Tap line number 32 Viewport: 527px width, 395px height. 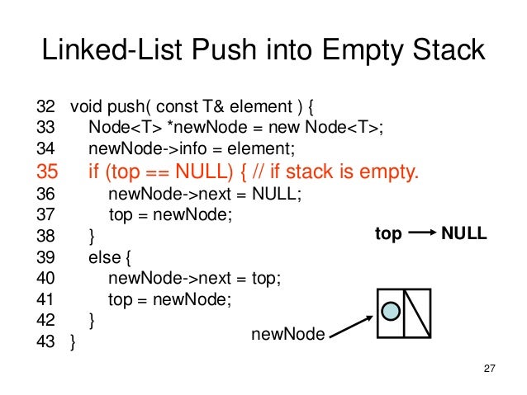pyautogui.click(x=46, y=107)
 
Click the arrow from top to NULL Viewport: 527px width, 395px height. pyautogui.click(x=421, y=235)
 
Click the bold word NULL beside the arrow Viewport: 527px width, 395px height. pyautogui.click(x=464, y=235)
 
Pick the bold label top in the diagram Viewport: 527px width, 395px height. pyautogui.click(x=388, y=235)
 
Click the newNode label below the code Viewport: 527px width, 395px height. pyautogui.click(x=288, y=333)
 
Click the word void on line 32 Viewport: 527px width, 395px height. pyautogui.click(x=86, y=107)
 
